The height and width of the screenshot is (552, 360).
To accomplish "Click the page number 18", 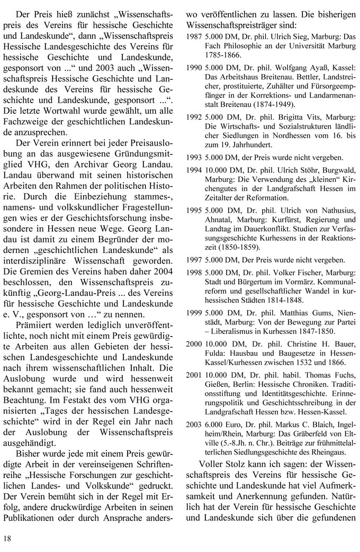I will pyautogui.click(x=7, y=539).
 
